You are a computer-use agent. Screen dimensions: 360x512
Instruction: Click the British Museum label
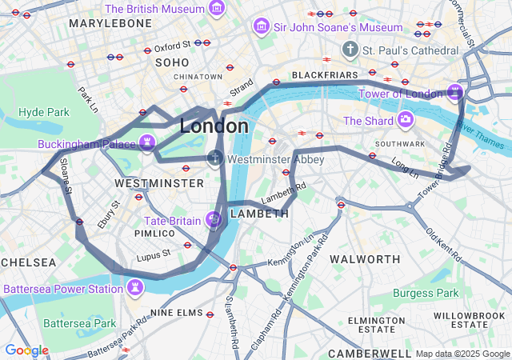click(x=155, y=9)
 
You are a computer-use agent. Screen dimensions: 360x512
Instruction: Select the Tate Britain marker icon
click(x=214, y=218)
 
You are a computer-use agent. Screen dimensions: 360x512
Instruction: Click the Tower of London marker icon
click(x=455, y=93)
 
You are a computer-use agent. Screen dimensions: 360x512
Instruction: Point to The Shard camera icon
click(x=406, y=120)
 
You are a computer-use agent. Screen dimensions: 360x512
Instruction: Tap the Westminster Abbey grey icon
click(x=214, y=158)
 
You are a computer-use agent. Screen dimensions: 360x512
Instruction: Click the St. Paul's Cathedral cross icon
click(x=350, y=50)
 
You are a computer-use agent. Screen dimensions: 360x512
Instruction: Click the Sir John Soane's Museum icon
click(x=261, y=27)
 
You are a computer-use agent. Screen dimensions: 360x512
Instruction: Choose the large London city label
click(x=214, y=126)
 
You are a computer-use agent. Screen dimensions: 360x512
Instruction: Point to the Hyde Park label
click(x=44, y=112)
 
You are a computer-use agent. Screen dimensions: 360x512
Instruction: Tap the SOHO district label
click(x=172, y=62)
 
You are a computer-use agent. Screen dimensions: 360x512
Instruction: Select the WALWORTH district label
click(x=365, y=259)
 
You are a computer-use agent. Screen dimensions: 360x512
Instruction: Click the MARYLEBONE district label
click(x=110, y=23)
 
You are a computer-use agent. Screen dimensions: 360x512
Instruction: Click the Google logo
click(x=26, y=350)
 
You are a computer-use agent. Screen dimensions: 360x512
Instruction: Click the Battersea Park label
click(x=80, y=323)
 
